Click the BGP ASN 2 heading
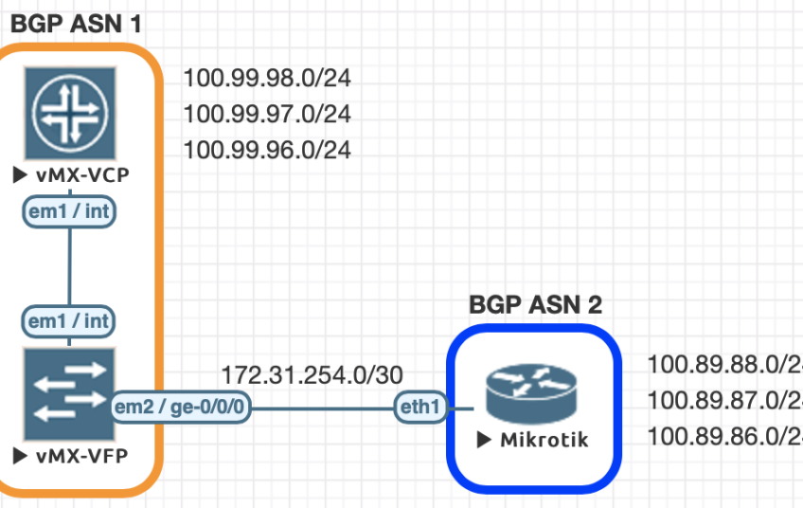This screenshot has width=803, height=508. point(536,304)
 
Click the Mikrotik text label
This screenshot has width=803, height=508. point(544,440)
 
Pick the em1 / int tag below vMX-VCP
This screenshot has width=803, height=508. point(69,212)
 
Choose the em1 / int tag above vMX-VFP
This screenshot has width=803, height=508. point(69,321)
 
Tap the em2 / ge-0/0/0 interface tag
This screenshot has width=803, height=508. point(181,408)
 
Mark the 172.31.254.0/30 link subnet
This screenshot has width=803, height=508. point(312,374)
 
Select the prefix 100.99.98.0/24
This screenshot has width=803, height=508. point(266,79)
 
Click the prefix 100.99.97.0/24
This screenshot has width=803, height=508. point(266,115)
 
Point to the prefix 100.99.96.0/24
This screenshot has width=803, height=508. point(266,150)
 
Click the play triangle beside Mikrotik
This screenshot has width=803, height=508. point(484,440)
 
